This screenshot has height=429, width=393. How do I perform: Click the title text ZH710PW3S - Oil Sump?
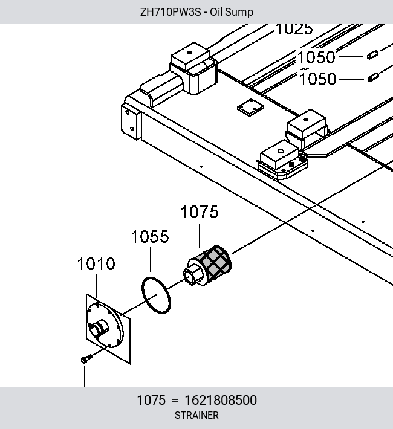(197, 12)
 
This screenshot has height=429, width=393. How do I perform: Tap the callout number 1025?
(294, 29)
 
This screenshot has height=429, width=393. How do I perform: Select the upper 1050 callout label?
(316, 57)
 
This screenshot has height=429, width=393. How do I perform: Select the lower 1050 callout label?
(317, 79)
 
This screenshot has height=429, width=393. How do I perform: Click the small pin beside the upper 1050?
(372, 55)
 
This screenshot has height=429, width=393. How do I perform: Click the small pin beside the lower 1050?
(373, 77)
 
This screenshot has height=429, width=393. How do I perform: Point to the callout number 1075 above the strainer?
(200, 212)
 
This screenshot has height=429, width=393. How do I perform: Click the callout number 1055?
(150, 237)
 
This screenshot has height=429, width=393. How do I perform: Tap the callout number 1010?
(96, 264)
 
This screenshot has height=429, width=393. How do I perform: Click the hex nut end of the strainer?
(192, 274)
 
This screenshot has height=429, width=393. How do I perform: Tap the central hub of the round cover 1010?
(99, 328)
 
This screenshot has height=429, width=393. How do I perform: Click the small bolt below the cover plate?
(86, 359)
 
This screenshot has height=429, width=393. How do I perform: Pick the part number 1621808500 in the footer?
(221, 400)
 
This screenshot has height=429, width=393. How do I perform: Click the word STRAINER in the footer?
(197, 415)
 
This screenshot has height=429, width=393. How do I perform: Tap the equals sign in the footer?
(175, 401)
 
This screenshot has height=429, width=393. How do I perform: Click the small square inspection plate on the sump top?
(250, 108)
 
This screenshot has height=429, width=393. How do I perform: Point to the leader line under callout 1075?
(200, 236)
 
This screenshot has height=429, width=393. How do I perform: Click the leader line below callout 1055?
(151, 259)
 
